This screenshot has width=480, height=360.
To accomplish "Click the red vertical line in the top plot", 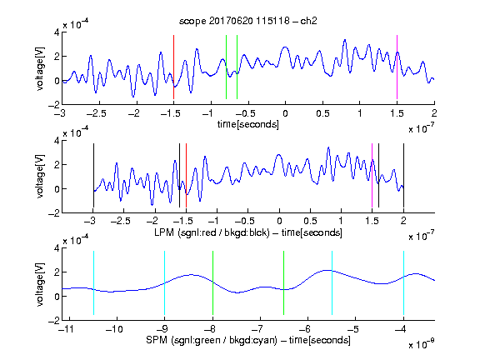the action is coord(173,67).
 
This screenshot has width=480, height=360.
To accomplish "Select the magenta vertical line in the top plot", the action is coord(397,67).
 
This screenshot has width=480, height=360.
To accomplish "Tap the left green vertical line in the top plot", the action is coord(226,67).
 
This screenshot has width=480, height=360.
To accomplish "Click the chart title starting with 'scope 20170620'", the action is coord(248,21).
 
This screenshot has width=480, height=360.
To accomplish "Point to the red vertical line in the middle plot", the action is coord(186,175).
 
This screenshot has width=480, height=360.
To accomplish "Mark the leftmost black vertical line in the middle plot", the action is coord(93,175).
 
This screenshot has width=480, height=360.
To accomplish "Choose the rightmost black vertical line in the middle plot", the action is coord(404,175).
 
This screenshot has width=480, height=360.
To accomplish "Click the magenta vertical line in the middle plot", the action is coord(372,175).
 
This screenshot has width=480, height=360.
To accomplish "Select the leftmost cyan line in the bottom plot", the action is coord(93,282).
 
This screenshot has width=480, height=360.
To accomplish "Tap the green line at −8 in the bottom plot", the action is coord(212,282).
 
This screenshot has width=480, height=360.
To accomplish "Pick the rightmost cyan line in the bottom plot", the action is coord(404,282).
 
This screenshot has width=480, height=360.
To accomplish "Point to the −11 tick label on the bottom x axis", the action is coord(67,329).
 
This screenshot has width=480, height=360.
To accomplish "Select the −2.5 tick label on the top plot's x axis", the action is coord(96,113).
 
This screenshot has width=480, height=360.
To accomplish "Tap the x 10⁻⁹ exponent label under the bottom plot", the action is coord(422,344).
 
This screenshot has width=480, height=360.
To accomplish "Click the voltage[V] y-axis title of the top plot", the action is coord(40,68).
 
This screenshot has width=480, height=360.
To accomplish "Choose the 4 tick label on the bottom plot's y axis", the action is coord(57,248).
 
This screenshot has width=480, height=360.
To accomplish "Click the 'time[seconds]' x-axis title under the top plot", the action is coord(248,124).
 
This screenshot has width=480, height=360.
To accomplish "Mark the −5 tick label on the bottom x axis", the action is coord(353,329).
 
